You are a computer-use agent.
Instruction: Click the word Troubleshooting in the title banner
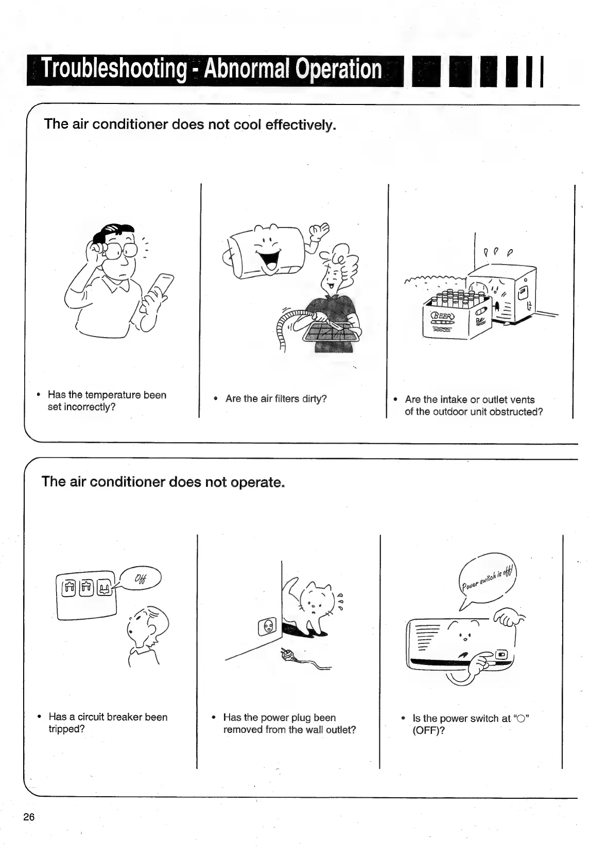click(x=114, y=69)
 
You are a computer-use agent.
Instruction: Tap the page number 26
click(x=28, y=817)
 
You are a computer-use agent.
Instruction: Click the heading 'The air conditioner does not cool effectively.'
click(x=190, y=125)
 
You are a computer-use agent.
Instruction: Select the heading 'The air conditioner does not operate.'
click(x=163, y=482)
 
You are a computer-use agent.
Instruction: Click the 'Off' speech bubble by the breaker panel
click(x=141, y=578)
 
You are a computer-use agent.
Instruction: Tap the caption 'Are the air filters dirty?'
click(x=275, y=399)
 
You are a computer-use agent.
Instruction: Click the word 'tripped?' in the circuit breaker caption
click(x=66, y=729)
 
